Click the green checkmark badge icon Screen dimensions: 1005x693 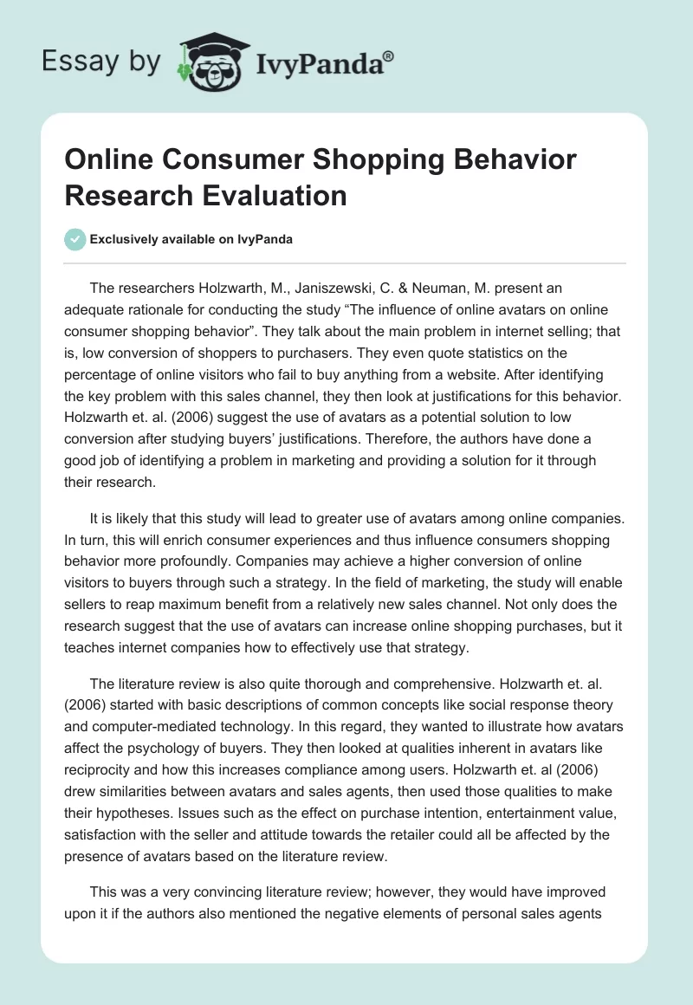[x=75, y=239]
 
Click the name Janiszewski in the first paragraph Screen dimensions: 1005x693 [x=325, y=289]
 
